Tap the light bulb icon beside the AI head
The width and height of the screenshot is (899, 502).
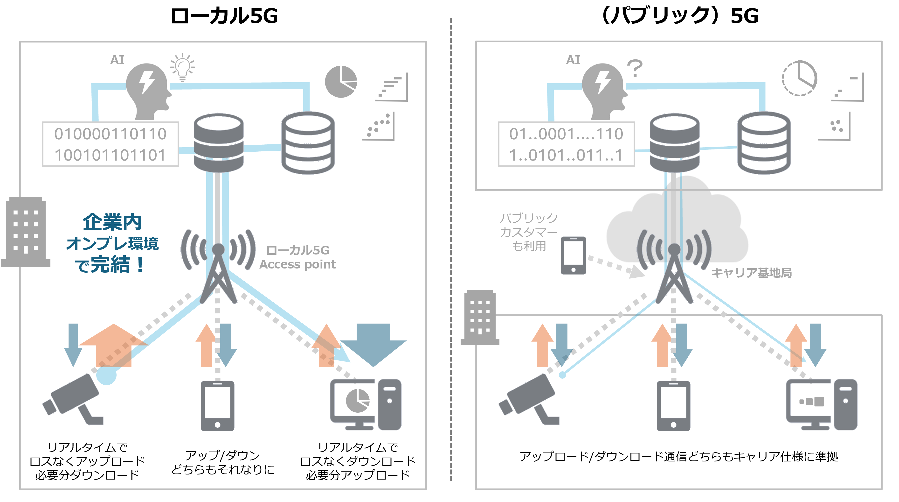[182, 67]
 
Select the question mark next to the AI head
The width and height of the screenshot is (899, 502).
[635, 69]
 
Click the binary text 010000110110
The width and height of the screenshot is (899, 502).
[110, 134]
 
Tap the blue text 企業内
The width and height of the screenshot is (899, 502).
[112, 222]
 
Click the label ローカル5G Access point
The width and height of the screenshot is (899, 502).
[297, 257]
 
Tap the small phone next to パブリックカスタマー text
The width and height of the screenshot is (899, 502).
[573, 255]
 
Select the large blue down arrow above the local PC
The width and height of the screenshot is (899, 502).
[373, 344]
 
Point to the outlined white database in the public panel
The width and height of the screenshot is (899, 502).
[764, 143]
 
